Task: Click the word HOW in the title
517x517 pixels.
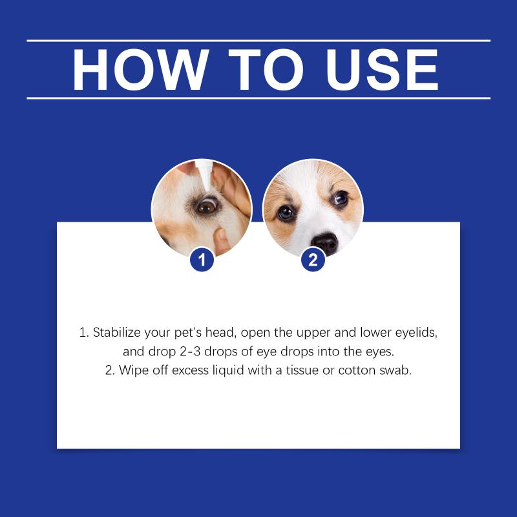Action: coord(141,70)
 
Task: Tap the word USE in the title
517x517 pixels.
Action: coord(382,70)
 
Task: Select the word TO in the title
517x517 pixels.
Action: coord(266,70)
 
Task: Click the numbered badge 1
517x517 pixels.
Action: coord(202,260)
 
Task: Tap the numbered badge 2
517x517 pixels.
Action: coord(313,260)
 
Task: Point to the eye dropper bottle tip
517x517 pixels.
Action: coord(207,188)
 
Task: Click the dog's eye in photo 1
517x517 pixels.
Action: coord(206,206)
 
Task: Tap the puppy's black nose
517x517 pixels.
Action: coord(325,243)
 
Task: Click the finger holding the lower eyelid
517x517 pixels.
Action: coord(222,241)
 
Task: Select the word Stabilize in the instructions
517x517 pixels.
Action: coord(117,332)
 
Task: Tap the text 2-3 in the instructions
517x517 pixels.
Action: coord(190,352)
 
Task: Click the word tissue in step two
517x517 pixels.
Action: coord(302,370)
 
